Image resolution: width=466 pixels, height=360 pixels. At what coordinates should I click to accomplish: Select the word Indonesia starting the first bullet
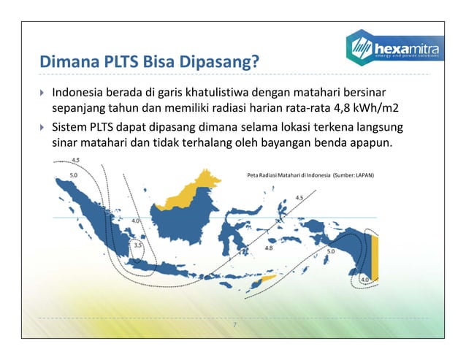80,93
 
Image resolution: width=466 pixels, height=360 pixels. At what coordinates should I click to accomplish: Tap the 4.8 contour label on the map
268,248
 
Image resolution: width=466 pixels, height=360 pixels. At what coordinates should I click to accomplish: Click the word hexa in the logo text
394,45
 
